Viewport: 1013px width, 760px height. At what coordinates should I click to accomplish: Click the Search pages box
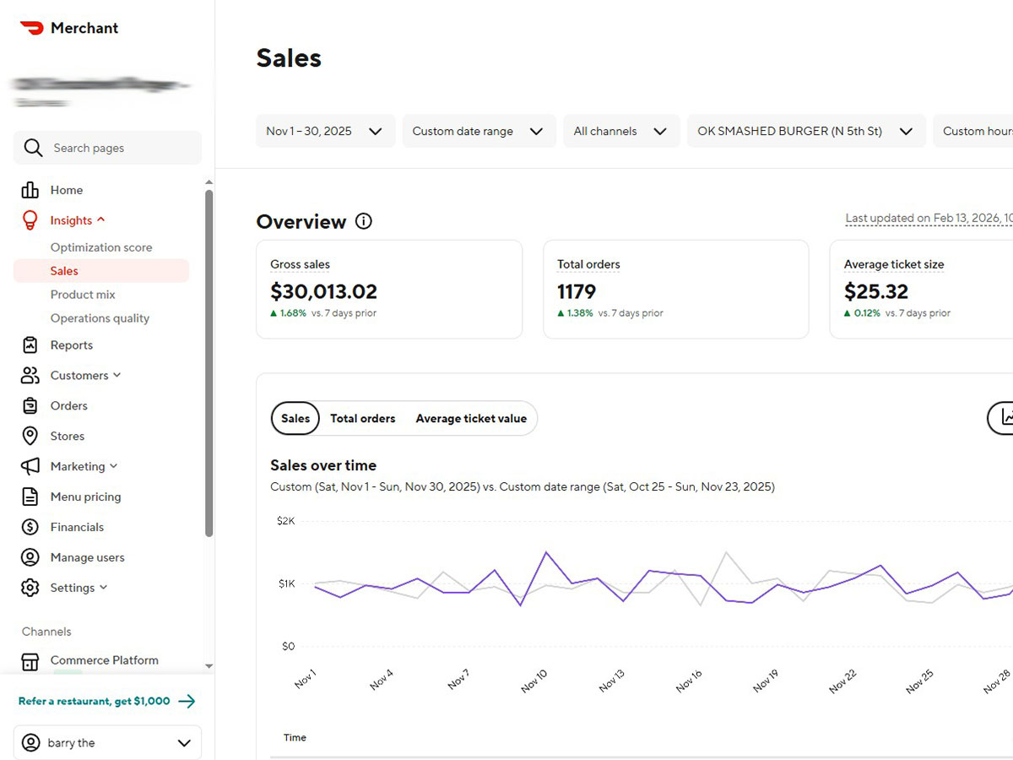tap(108, 148)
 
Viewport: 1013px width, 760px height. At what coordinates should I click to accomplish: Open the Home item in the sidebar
tap(66, 190)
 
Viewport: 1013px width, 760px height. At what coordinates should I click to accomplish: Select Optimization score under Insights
tap(101, 247)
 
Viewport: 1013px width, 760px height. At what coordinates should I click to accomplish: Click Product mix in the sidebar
tap(83, 295)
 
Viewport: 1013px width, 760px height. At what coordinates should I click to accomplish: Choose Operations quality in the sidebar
tap(100, 318)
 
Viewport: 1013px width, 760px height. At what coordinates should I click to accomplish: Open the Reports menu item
tap(71, 345)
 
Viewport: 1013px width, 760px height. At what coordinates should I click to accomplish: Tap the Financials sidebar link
tap(77, 527)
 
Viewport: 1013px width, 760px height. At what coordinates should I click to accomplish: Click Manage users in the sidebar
tap(87, 557)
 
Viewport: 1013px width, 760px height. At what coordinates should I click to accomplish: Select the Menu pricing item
tap(85, 497)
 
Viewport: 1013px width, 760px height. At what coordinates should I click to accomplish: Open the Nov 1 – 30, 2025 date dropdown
tap(325, 131)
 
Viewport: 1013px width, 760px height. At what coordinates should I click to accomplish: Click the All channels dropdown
tap(620, 131)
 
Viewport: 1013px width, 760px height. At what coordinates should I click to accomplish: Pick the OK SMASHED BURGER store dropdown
tap(805, 131)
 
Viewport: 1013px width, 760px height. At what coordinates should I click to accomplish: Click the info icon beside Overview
tap(364, 221)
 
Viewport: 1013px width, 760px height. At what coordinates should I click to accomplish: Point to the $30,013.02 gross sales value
tap(323, 291)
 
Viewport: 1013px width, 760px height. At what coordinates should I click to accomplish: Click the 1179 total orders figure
tap(577, 291)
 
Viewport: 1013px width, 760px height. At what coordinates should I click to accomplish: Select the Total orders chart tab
tap(362, 418)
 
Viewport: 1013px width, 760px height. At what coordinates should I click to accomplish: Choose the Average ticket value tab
tap(471, 418)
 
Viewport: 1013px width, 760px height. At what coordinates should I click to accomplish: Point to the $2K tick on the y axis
tap(285, 521)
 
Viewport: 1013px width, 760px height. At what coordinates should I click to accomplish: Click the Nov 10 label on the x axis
tap(534, 681)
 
